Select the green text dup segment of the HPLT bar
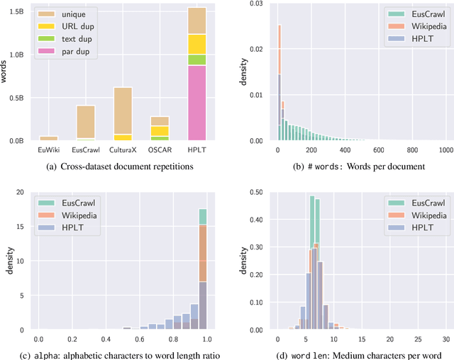[x=196, y=60]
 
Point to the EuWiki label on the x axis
[x=49, y=150]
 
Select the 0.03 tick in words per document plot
[x=259, y=4]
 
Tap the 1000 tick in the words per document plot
[x=445, y=150]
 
